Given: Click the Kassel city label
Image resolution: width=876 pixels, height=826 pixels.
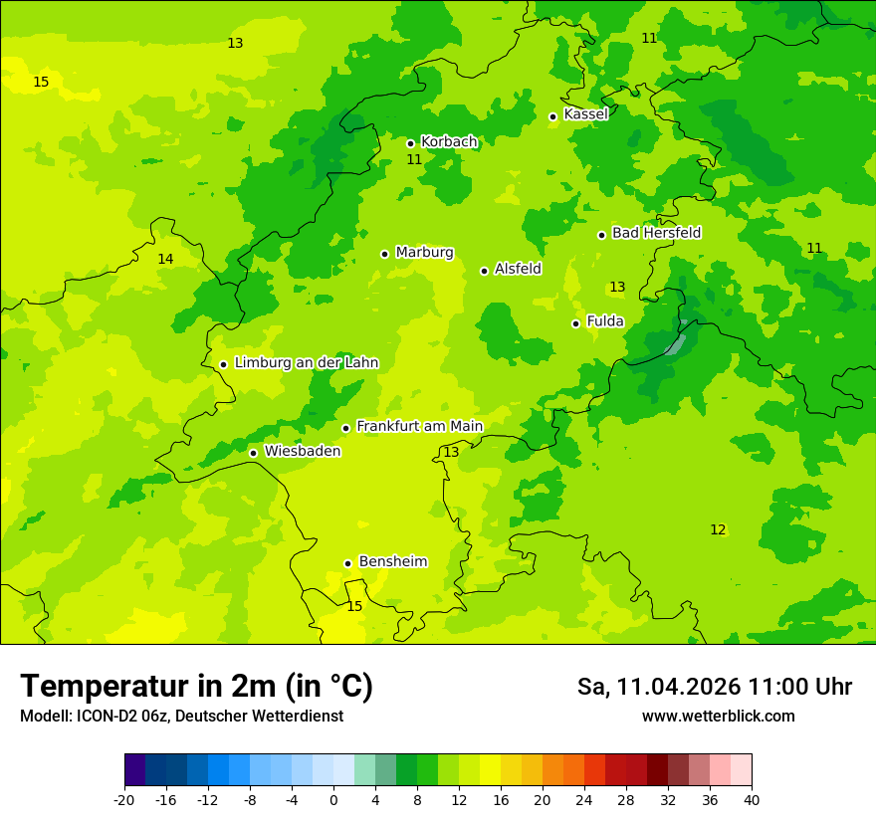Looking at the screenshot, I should click(585, 114).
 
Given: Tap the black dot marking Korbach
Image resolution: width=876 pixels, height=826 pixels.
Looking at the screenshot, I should click(410, 143).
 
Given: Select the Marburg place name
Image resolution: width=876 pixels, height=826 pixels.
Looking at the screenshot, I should click(424, 253).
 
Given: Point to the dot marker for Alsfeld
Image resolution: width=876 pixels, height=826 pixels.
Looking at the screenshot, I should click(484, 271).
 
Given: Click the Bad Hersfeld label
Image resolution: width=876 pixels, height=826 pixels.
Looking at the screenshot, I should click(656, 233).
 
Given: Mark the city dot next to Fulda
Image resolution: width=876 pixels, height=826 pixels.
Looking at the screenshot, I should click(575, 323).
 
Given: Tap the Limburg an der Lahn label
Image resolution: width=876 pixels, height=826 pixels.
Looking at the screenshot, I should click(306, 363).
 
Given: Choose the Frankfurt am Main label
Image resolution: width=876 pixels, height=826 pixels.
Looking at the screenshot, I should click(419, 427).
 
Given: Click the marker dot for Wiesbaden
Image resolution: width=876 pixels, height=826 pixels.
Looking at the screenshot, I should click(253, 453).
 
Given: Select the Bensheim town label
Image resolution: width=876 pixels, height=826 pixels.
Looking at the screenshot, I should click(392, 562).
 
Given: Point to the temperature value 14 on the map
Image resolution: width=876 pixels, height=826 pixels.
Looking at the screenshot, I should click(165, 260).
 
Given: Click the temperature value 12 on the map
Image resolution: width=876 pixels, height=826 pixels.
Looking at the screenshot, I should click(718, 530).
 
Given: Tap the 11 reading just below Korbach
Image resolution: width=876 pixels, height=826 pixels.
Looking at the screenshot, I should click(414, 160).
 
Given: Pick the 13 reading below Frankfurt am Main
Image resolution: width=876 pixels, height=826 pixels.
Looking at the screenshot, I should click(451, 453).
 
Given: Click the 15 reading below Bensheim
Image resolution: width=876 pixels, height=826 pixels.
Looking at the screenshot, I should click(354, 607).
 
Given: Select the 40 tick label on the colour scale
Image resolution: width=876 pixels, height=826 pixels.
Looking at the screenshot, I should click(751, 800).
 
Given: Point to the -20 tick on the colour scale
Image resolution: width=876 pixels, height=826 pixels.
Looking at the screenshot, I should click(124, 800).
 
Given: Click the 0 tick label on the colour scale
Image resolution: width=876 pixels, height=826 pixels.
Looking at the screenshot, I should click(333, 800).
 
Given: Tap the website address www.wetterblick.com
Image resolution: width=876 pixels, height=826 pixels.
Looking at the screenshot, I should click(718, 717).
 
